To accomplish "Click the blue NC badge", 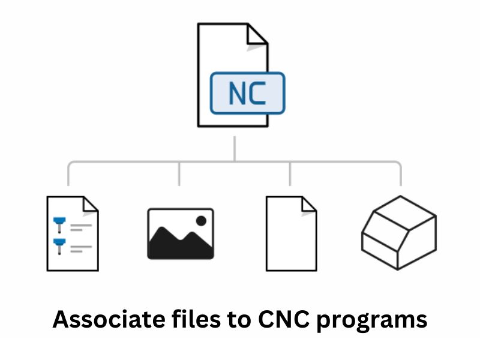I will [x=247, y=93].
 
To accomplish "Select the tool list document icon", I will [x=72, y=233].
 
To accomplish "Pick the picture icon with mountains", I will [x=180, y=234].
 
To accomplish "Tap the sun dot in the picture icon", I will [x=201, y=220].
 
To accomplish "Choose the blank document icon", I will [x=291, y=233].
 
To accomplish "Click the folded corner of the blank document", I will [x=308, y=204].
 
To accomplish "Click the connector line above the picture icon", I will [x=179, y=174].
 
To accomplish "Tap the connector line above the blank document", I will [x=290, y=174].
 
